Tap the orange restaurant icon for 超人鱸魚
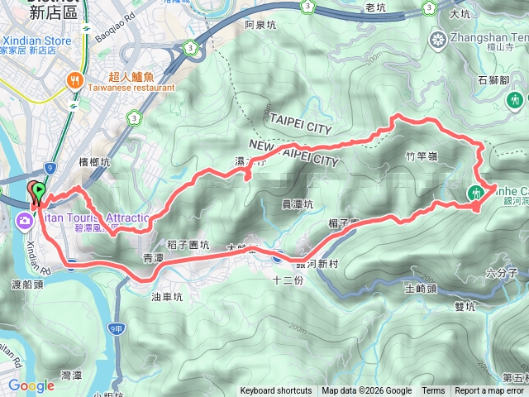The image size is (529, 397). [x=75, y=79]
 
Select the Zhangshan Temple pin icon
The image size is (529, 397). [x=436, y=38]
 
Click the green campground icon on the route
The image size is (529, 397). [x=474, y=193]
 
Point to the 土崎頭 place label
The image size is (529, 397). [x=421, y=288]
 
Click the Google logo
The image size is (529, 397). [x=31, y=385]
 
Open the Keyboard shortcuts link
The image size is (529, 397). [x=276, y=391]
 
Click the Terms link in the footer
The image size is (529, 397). [x=433, y=391]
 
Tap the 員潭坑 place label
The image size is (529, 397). [x=298, y=204]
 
